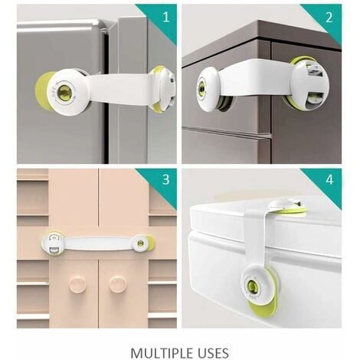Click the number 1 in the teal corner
pos(166,18)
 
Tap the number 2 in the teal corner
pos(329,18)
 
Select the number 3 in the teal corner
pos(166,179)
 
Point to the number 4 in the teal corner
pos(329,180)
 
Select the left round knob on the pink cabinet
pos(77,285)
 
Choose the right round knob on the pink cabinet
pos(118,283)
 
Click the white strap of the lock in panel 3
pos(98,243)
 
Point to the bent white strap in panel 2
pos(255,78)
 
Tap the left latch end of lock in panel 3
pos(52,244)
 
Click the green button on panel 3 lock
pos(140,243)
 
